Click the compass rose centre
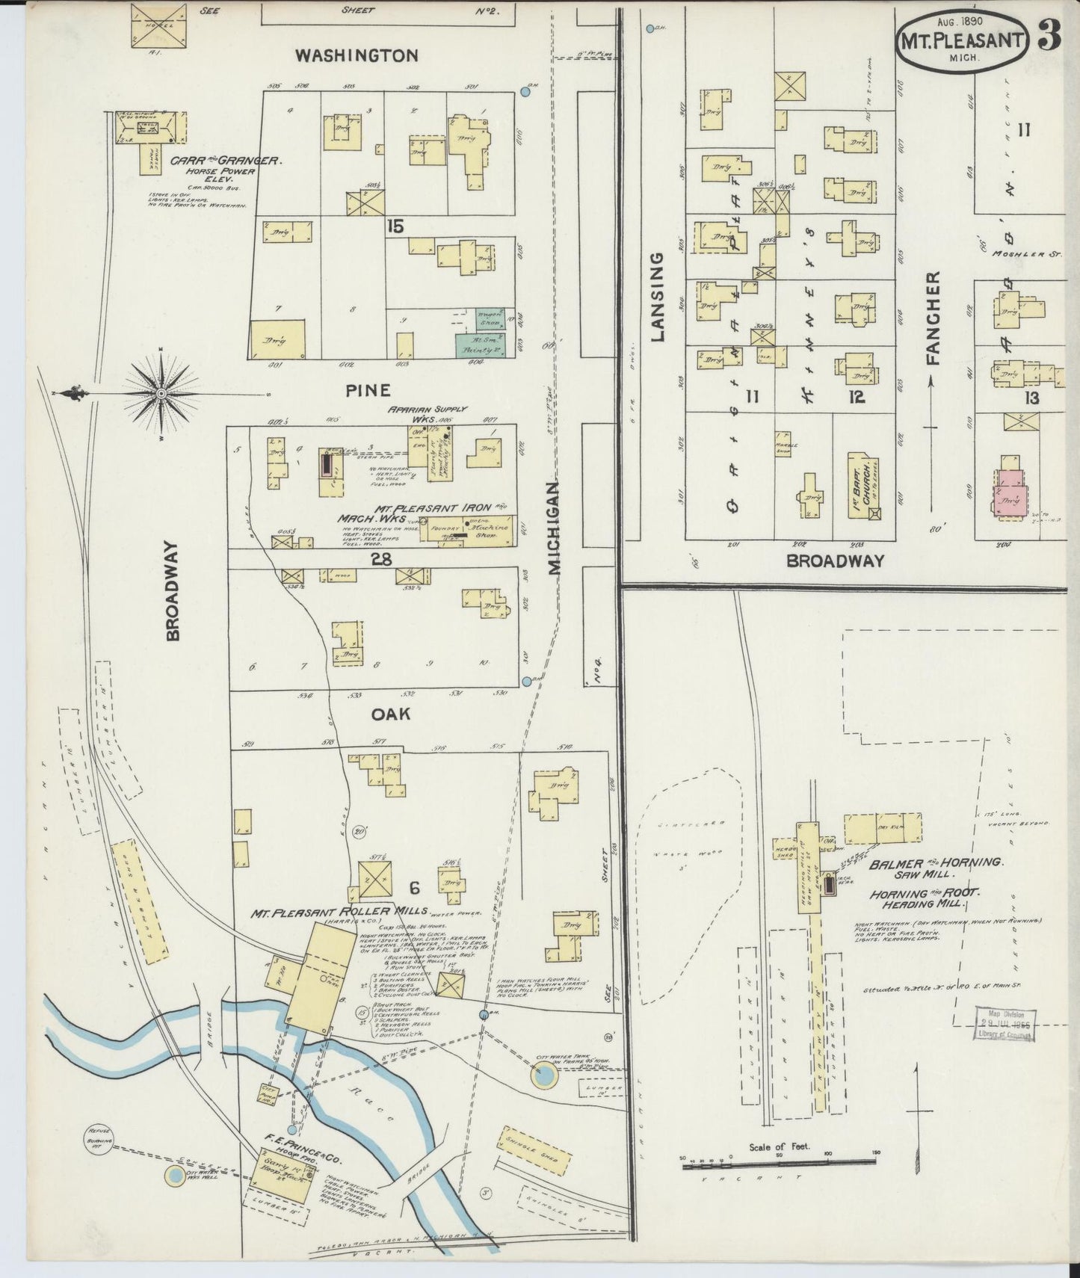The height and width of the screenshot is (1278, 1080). (x=161, y=392)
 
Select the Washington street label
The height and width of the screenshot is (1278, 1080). (x=356, y=55)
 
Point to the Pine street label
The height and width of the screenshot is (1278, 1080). (x=368, y=390)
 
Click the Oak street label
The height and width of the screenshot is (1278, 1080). (x=391, y=714)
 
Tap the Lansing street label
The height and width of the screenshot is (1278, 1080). (x=657, y=297)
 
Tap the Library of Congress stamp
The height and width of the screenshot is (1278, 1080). (x=1005, y=1024)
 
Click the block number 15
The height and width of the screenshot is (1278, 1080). (x=395, y=225)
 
